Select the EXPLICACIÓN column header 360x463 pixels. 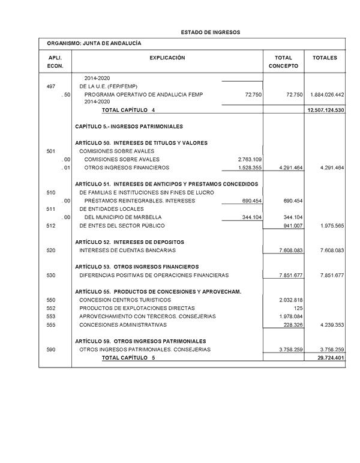pyautogui.click(x=167, y=58)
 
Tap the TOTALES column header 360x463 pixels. pyautogui.click(x=325, y=58)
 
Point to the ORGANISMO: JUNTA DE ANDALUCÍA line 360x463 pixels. pyautogui.click(x=94, y=43)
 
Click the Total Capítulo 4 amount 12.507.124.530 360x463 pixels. pyautogui.click(x=325, y=110)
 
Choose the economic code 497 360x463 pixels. pyautogui.click(x=51, y=86)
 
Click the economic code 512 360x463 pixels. pyautogui.click(x=51, y=225)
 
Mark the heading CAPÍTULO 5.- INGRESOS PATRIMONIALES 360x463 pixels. pyautogui.click(x=129, y=127)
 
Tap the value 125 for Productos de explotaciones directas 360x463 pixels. pyautogui.click(x=298, y=307)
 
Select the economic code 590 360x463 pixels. pyautogui.click(x=51, y=349)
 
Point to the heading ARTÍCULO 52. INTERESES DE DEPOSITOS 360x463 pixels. pyautogui.click(x=130, y=241)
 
